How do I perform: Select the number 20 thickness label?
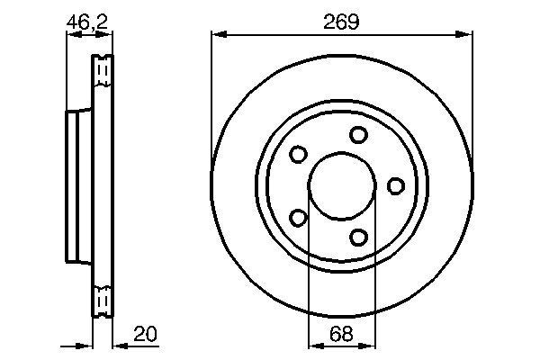145,334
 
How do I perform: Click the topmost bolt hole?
359,135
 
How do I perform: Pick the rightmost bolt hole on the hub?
395,185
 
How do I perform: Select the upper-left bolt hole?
298,155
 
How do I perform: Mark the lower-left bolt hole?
298,217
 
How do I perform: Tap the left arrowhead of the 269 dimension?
215,35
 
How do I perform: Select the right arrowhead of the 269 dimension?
467,35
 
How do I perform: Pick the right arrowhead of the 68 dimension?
371,346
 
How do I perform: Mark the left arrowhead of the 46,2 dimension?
72,35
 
